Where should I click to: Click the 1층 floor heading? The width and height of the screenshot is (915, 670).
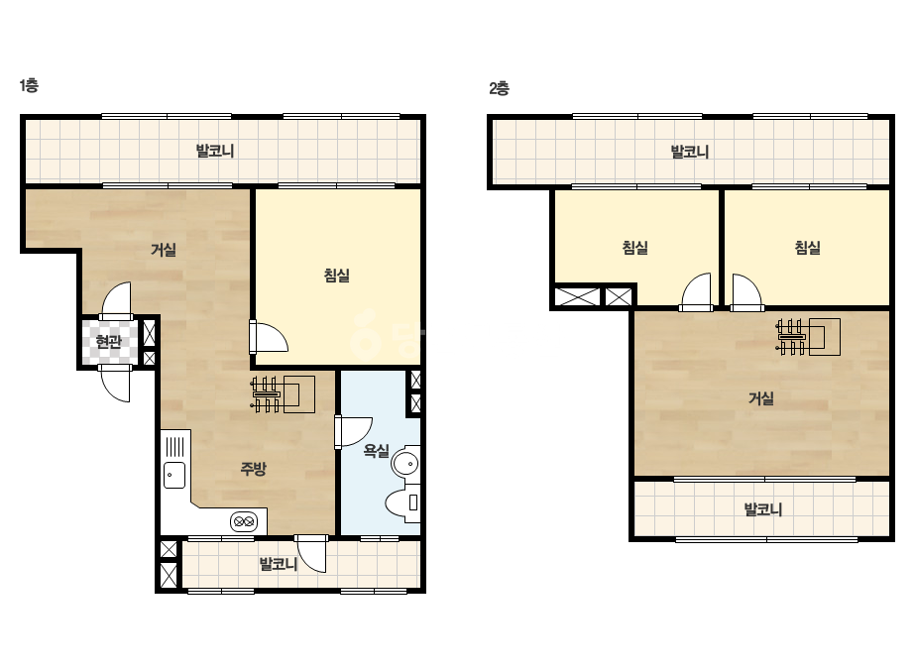[x=29, y=85]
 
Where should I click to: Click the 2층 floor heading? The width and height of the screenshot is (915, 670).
[x=499, y=88]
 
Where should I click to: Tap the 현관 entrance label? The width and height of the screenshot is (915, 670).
[x=108, y=341]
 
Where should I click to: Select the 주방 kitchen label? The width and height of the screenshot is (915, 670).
[x=253, y=468]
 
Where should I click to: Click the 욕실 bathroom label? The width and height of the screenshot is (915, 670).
[x=377, y=450]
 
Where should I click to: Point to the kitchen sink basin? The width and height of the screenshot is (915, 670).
[x=174, y=475]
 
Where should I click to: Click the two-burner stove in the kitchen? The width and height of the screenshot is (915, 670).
[x=243, y=521]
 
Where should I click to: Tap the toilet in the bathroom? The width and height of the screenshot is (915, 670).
[x=402, y=502]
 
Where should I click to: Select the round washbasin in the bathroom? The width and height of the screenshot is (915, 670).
[x=406, y=464]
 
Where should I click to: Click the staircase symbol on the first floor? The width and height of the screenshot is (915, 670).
[x=283, y=394]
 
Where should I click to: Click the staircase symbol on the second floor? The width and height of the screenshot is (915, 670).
[x=808, y=337]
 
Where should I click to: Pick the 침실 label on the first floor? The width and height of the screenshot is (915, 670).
[x=337, y=275]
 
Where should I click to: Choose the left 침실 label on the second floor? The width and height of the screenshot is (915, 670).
[x=634, y=248]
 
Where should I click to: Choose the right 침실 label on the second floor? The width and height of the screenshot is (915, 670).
[x=808, y=248]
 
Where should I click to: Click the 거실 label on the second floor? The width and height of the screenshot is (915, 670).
[x=761, y=398]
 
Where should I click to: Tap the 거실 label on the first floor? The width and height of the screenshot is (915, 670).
[x=164, y=250]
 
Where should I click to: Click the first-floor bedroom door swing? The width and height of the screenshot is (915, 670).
[x=270, y=337]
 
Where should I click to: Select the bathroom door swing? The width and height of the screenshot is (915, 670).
[x=354, y=432]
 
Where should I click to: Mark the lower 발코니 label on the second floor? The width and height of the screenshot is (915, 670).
[x=763, y=509]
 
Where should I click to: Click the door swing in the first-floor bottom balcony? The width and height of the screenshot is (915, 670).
[x=311, y=553]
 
